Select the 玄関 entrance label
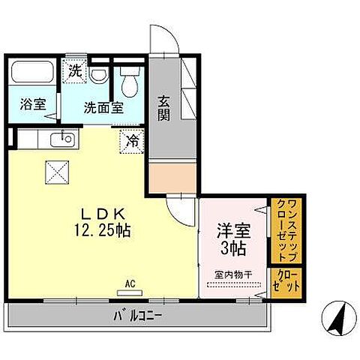(164, 107)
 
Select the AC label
(129, 283)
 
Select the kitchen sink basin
(61, 138)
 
